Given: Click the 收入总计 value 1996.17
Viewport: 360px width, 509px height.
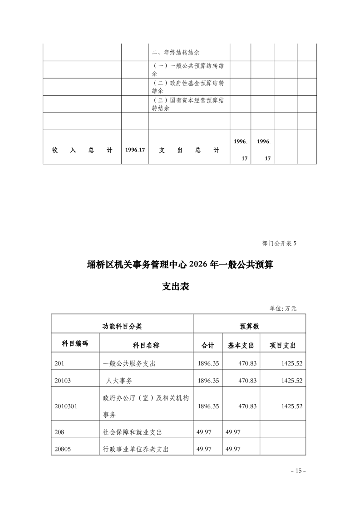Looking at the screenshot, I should [135, 150].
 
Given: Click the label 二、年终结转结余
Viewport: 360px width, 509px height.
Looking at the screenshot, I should [176, 52].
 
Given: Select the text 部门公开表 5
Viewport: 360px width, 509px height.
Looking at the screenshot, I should [279, 244].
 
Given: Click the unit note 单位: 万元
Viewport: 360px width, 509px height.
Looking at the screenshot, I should [283, 308].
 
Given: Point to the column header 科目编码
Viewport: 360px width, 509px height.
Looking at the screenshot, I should [75, 343].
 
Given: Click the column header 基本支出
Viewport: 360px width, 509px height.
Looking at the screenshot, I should [240, 345].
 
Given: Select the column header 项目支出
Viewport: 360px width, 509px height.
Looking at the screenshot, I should [282, 345].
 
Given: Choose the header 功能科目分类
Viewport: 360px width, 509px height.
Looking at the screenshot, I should [122, 326].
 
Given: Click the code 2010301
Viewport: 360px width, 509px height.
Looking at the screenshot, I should [65, 406].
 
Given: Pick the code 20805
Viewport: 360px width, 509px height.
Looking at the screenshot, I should [63, 449].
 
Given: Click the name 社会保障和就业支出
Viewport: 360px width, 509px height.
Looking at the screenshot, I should [133, 432].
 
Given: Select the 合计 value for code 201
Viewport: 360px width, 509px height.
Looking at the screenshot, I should [208, 363].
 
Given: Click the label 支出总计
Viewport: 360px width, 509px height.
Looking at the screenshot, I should [189, 150].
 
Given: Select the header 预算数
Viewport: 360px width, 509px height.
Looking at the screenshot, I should [249, 326].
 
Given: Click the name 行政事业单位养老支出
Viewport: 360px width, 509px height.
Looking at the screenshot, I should [136, 449].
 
